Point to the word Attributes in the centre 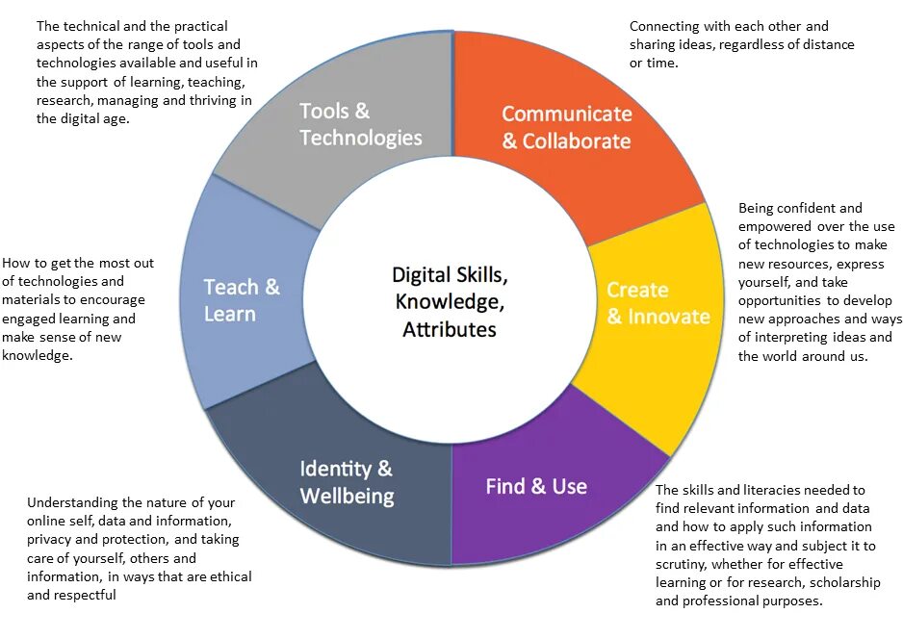click(x=450, y=329)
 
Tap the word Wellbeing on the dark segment click(x=347, y=497)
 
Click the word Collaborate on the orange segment click(x=577, y=141)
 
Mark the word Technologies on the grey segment click(x=360, y=138)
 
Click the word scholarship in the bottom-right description click(x=838, y=583)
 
